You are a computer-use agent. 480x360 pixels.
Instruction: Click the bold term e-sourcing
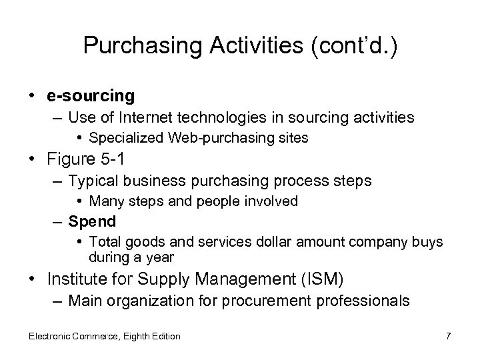[x=91, y=95]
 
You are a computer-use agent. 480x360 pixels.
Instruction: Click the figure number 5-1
[x=112, y=160]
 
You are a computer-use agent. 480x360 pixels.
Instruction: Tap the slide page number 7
[x=448, y=336]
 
